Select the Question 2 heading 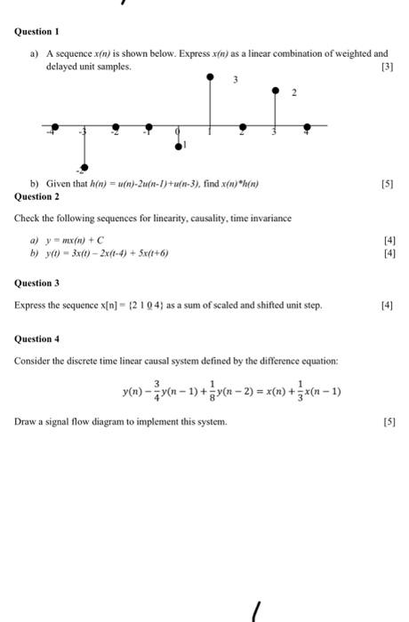pos(37,195)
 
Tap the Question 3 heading pos(37,283)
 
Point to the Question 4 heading pos(37,339)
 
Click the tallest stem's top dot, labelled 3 pos(210,77)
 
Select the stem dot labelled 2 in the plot pos(275,91)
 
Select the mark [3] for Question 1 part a pos(383,67)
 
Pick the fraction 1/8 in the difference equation pos(226,391)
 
